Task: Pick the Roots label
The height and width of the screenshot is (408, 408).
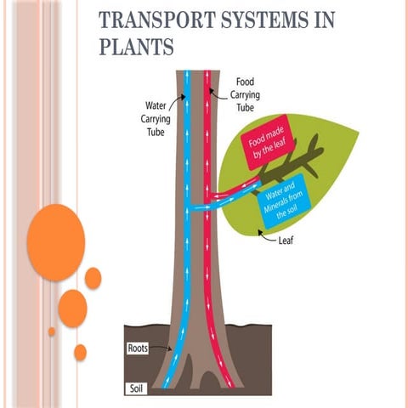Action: pos(139,348)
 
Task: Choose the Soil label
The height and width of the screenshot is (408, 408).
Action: pos(136,388)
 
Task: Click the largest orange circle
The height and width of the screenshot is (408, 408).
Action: pos(56,242)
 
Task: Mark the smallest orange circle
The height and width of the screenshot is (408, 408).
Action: pos(52,331)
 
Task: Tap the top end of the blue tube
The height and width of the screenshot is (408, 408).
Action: pos(188,71)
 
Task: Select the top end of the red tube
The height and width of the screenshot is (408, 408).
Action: pos(208,71)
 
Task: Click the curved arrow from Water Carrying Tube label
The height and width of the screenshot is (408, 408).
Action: pos(178,102)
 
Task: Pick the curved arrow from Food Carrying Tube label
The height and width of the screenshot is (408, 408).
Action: pos(221,87)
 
